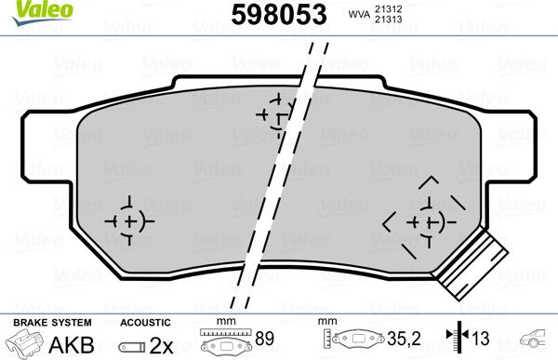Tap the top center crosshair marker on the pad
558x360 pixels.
[274, 115]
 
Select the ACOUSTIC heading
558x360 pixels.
[145, 323]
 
